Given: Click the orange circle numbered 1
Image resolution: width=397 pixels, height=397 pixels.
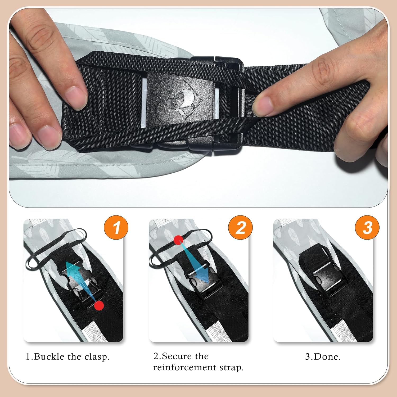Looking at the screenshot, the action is (116, 227).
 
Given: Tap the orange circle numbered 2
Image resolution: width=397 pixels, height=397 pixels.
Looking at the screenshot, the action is (241, 227).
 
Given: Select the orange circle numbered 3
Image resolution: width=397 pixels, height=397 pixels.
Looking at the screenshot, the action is (367, 227).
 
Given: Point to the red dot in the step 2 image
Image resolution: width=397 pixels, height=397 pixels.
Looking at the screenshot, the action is (178, 240).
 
